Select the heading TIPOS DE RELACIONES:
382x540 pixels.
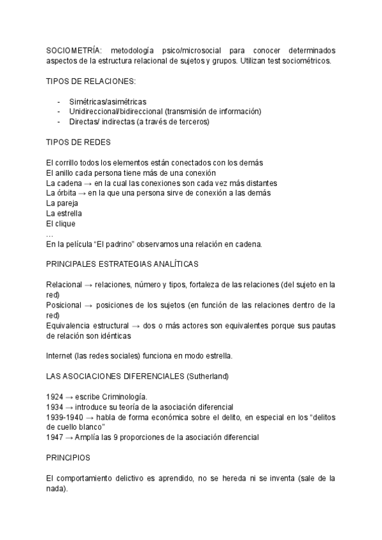click(91, 81)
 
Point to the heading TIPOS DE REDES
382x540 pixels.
click(79, 142)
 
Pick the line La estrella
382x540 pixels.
click(64, 213)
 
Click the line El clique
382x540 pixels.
click(61, 224)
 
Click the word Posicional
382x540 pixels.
click(64, 305)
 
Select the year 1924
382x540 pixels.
click(55, 396)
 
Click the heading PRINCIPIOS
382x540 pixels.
click(69, 457)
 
